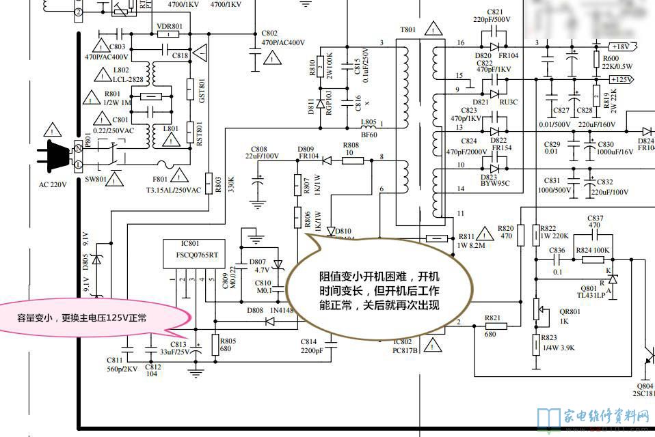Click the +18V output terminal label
coord(620,46)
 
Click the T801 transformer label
coord(407,31)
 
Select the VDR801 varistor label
coord(170,26)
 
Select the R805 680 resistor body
coord(216,345)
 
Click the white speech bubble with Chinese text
coord(379,290)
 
